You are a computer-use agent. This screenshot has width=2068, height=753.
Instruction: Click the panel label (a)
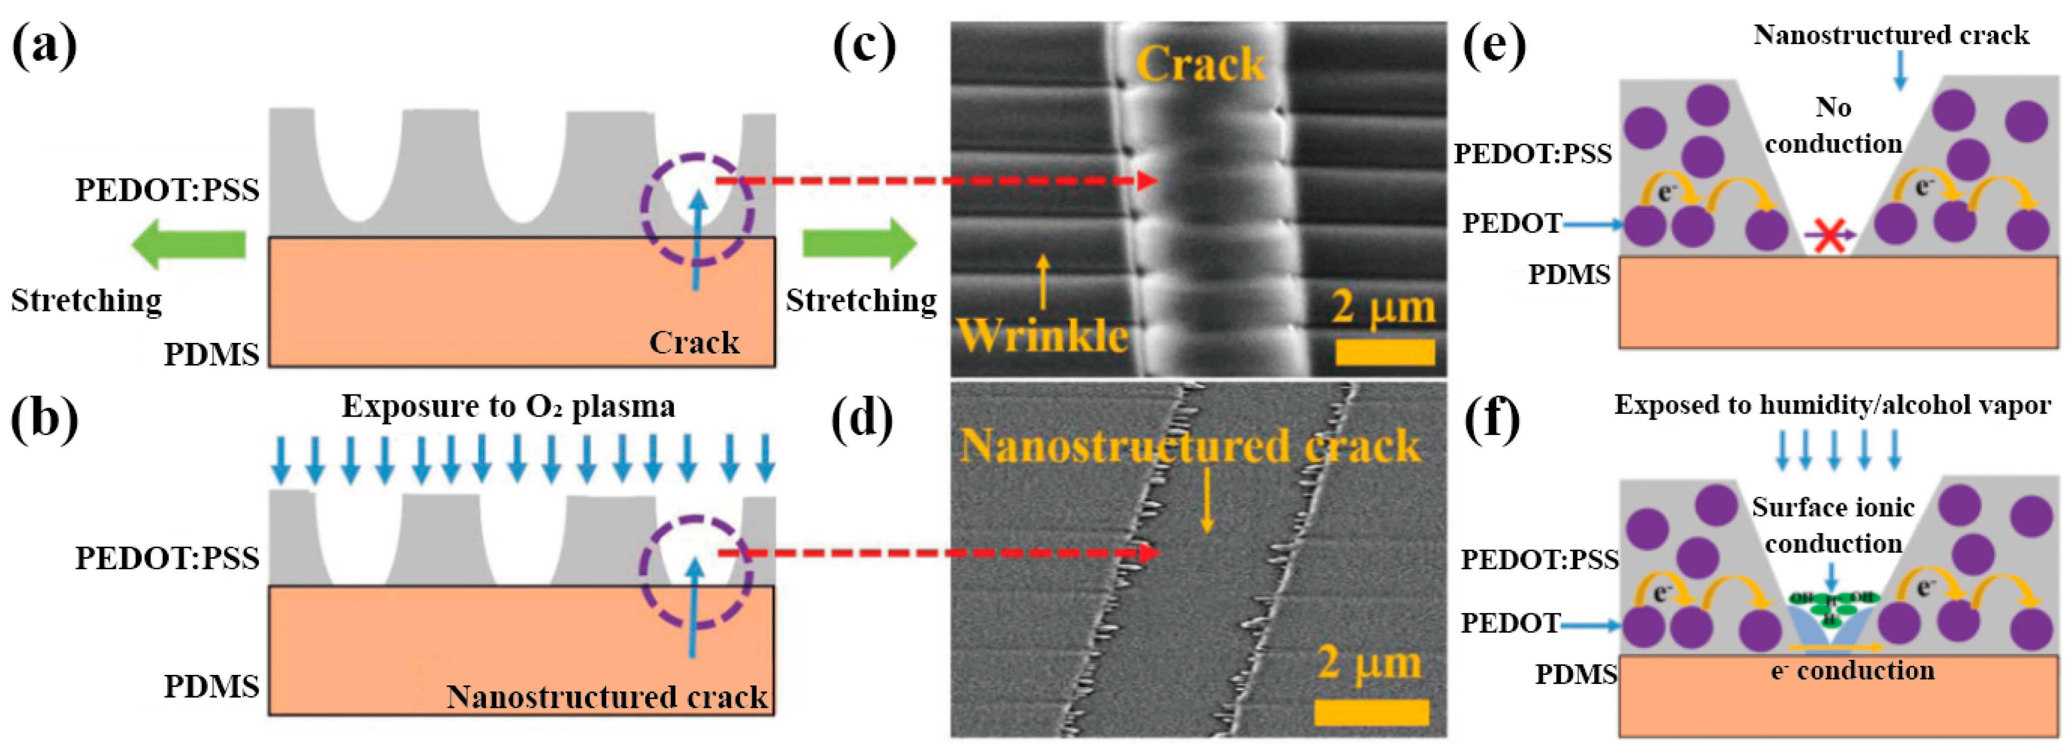point(44,48)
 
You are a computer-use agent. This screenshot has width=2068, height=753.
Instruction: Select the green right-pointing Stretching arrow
point(859,244)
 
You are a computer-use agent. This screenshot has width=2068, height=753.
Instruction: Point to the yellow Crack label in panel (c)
point(1200,64)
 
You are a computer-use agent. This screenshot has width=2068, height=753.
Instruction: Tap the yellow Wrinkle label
point(1044,335)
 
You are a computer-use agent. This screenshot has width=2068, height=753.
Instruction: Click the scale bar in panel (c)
point(1385,351)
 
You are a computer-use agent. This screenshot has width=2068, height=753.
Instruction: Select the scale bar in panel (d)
point(1371,712)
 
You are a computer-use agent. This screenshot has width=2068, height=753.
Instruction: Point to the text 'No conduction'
point(1834,126)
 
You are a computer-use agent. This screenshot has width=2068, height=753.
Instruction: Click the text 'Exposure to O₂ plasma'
point(508,407)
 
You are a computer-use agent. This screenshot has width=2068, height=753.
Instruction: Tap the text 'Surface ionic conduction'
point(1834,526)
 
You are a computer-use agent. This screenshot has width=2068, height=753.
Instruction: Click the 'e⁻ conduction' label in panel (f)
point(1852,671)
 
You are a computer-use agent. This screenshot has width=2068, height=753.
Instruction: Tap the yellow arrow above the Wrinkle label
point(1042,281)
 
